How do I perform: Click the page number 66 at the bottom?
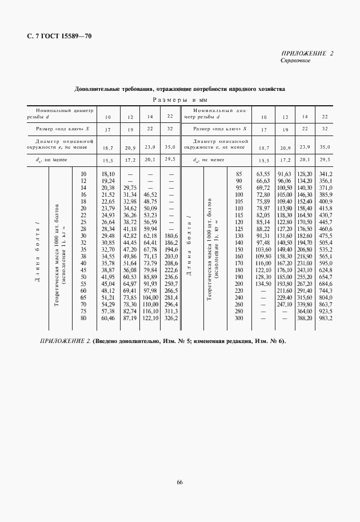coord(179,483)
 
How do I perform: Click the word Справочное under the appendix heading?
coord(295,61)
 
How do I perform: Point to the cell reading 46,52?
coord(150,195)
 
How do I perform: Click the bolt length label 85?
coord(239,173)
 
